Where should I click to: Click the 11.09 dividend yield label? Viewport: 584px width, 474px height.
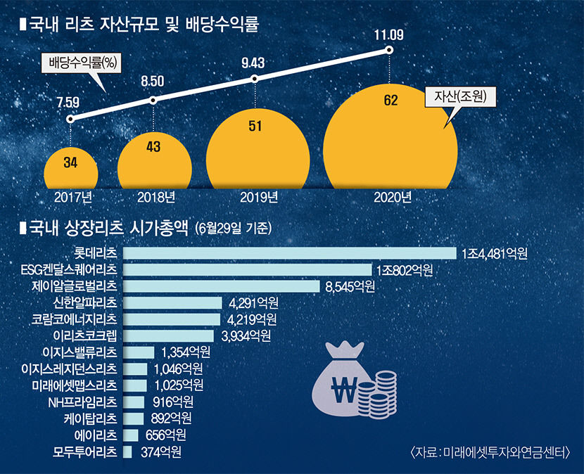click(389, 33)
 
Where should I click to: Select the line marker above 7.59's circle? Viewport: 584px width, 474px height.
click(70, 119)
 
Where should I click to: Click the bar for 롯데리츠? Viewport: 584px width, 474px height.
click(289, 252)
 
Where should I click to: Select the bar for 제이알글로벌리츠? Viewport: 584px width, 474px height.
click(222, 286)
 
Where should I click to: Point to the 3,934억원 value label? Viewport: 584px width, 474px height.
click(246, 336)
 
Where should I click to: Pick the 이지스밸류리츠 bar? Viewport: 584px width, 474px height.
click(139, 352)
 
